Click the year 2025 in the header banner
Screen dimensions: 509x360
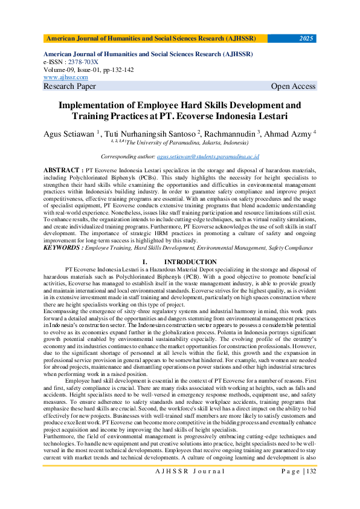point(306,39)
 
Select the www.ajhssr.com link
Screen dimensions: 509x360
point(66,77)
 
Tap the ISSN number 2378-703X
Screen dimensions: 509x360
point(84,62)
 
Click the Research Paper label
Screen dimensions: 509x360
point(69,86)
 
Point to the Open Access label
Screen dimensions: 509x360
point(293,86)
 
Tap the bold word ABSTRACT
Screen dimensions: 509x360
point(62,171)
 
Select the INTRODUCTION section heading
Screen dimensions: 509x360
point(190,262)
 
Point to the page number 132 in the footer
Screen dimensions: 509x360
point(312,488)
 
